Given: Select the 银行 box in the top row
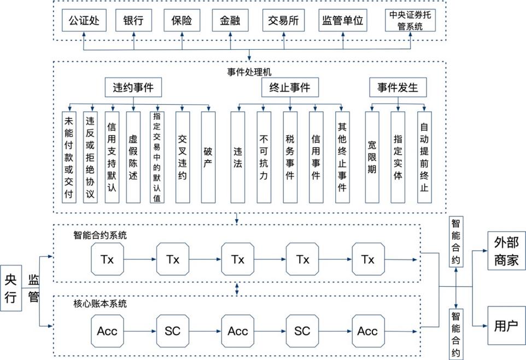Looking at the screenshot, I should (133, 21).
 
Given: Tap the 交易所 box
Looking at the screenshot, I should (282, 21).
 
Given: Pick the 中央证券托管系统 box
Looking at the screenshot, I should (410, 21).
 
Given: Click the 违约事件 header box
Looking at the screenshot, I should (133, 87).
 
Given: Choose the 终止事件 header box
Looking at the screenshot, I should (290, 87).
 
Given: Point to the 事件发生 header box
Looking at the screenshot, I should (398, 87).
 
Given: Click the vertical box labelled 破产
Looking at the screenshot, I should (208, 157).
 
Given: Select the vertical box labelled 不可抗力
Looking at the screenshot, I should (264, 157).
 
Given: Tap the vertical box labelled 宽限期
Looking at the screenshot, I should (372, 157).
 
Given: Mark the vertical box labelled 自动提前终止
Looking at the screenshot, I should (424, 157).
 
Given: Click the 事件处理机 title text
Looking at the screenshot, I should (249, 72).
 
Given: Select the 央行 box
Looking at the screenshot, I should (11, 288).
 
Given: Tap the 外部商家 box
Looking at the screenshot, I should (506, 251).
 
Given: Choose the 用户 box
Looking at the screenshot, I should (506, 326).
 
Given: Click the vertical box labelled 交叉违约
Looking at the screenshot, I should (183, 157).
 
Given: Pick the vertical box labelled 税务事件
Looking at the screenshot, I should (290, 157).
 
